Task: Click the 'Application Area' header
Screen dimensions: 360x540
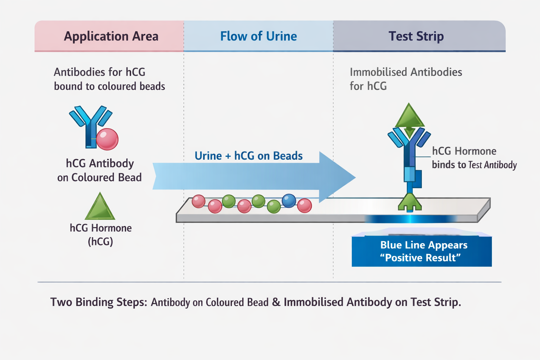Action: click(111, 36)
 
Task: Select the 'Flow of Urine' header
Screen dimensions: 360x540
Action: click(258, 36)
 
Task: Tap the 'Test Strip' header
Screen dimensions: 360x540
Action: click(416, 36)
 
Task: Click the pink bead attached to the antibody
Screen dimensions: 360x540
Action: click(107, 139)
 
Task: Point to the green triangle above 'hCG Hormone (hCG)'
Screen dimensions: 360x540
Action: click(100, 208)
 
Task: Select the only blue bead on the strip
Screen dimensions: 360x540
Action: click(289, 201)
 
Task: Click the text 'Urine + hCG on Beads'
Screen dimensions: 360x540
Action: click(249, 156)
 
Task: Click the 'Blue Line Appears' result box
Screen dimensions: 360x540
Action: click(422, 251)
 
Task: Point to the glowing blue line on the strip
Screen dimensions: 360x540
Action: click(410, 219)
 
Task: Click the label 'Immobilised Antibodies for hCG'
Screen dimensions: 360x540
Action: click(405, 79)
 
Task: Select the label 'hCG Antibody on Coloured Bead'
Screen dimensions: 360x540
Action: click(99, 171)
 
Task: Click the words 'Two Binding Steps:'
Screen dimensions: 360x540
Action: click(99, 302)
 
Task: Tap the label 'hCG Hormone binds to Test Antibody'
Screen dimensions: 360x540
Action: click(474, 158)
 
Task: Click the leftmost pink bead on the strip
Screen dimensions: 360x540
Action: click(198, 201)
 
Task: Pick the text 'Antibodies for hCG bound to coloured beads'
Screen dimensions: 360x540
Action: click(109, 79)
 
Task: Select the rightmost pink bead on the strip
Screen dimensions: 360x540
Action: click(304, 206)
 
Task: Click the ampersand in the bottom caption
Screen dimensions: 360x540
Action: click(276, 302)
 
